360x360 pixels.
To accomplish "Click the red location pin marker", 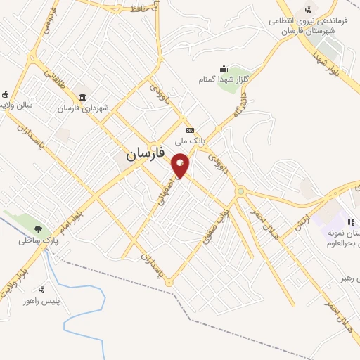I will (181, 166).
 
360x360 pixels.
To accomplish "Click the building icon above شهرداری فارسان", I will (83, 97).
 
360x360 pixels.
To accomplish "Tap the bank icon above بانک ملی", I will (190, 130).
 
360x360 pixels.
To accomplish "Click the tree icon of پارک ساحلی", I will (38, 229).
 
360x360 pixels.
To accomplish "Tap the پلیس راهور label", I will (40, 300).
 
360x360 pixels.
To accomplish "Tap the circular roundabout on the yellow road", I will (240, 191).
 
